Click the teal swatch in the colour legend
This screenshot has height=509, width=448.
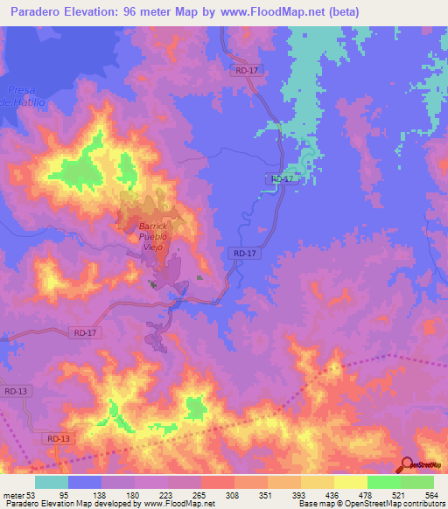(x=52, y=482)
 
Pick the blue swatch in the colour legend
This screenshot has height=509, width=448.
(x=85, y=482)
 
